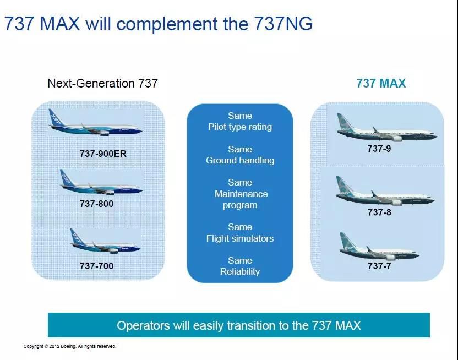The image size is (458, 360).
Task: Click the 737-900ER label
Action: click(x=103, y=154)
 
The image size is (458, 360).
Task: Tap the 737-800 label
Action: click(x=96, y=203)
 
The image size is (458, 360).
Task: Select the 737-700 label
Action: click(x=96, y=266)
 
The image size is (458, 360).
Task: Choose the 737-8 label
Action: click(x=379, y=212)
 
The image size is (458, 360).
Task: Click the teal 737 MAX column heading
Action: click(x=381, y=84)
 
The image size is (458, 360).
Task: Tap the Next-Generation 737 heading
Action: click(x=102, y=84)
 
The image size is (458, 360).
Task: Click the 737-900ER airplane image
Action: click(x=95, y=124)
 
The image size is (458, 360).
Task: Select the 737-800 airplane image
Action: click(x=101, y=184)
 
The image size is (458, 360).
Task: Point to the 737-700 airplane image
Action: click(x=101, y=242)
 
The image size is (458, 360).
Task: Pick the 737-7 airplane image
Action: click(x=378, y=249)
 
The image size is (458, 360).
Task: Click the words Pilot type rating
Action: click(x=240, y=127)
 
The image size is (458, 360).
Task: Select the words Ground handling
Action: click(x=240, y=161)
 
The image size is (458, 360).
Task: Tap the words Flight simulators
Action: click(x=240, y=239)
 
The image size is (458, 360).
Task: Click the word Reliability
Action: click(x=240, y=271)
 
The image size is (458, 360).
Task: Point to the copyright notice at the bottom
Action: click(x=70, y=346)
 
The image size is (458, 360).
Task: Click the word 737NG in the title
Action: click(x=283, y=25)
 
